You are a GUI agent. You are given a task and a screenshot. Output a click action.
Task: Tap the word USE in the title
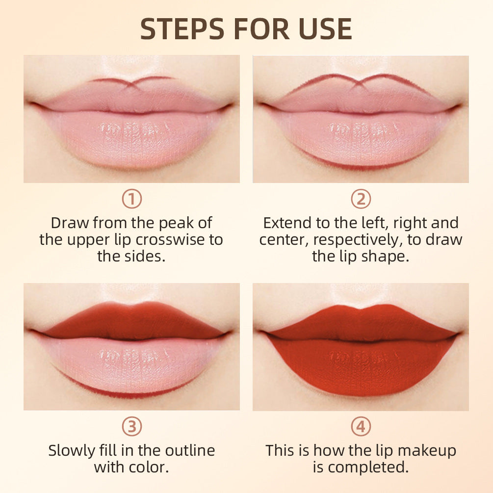click(324, 29)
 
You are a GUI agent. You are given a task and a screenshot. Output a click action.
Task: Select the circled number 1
click(131, 199)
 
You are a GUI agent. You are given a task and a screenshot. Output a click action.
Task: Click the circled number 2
click(361, 199)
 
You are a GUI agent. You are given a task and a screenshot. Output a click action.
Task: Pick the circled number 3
click(131, 427)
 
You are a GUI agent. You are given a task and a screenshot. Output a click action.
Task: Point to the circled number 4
click(361, 427)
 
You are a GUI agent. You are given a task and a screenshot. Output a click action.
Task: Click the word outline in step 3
click(188, 450)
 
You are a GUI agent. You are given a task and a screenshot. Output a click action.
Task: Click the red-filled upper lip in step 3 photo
click(131, 321)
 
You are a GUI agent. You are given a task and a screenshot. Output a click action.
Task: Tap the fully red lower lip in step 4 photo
click(361, 368)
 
